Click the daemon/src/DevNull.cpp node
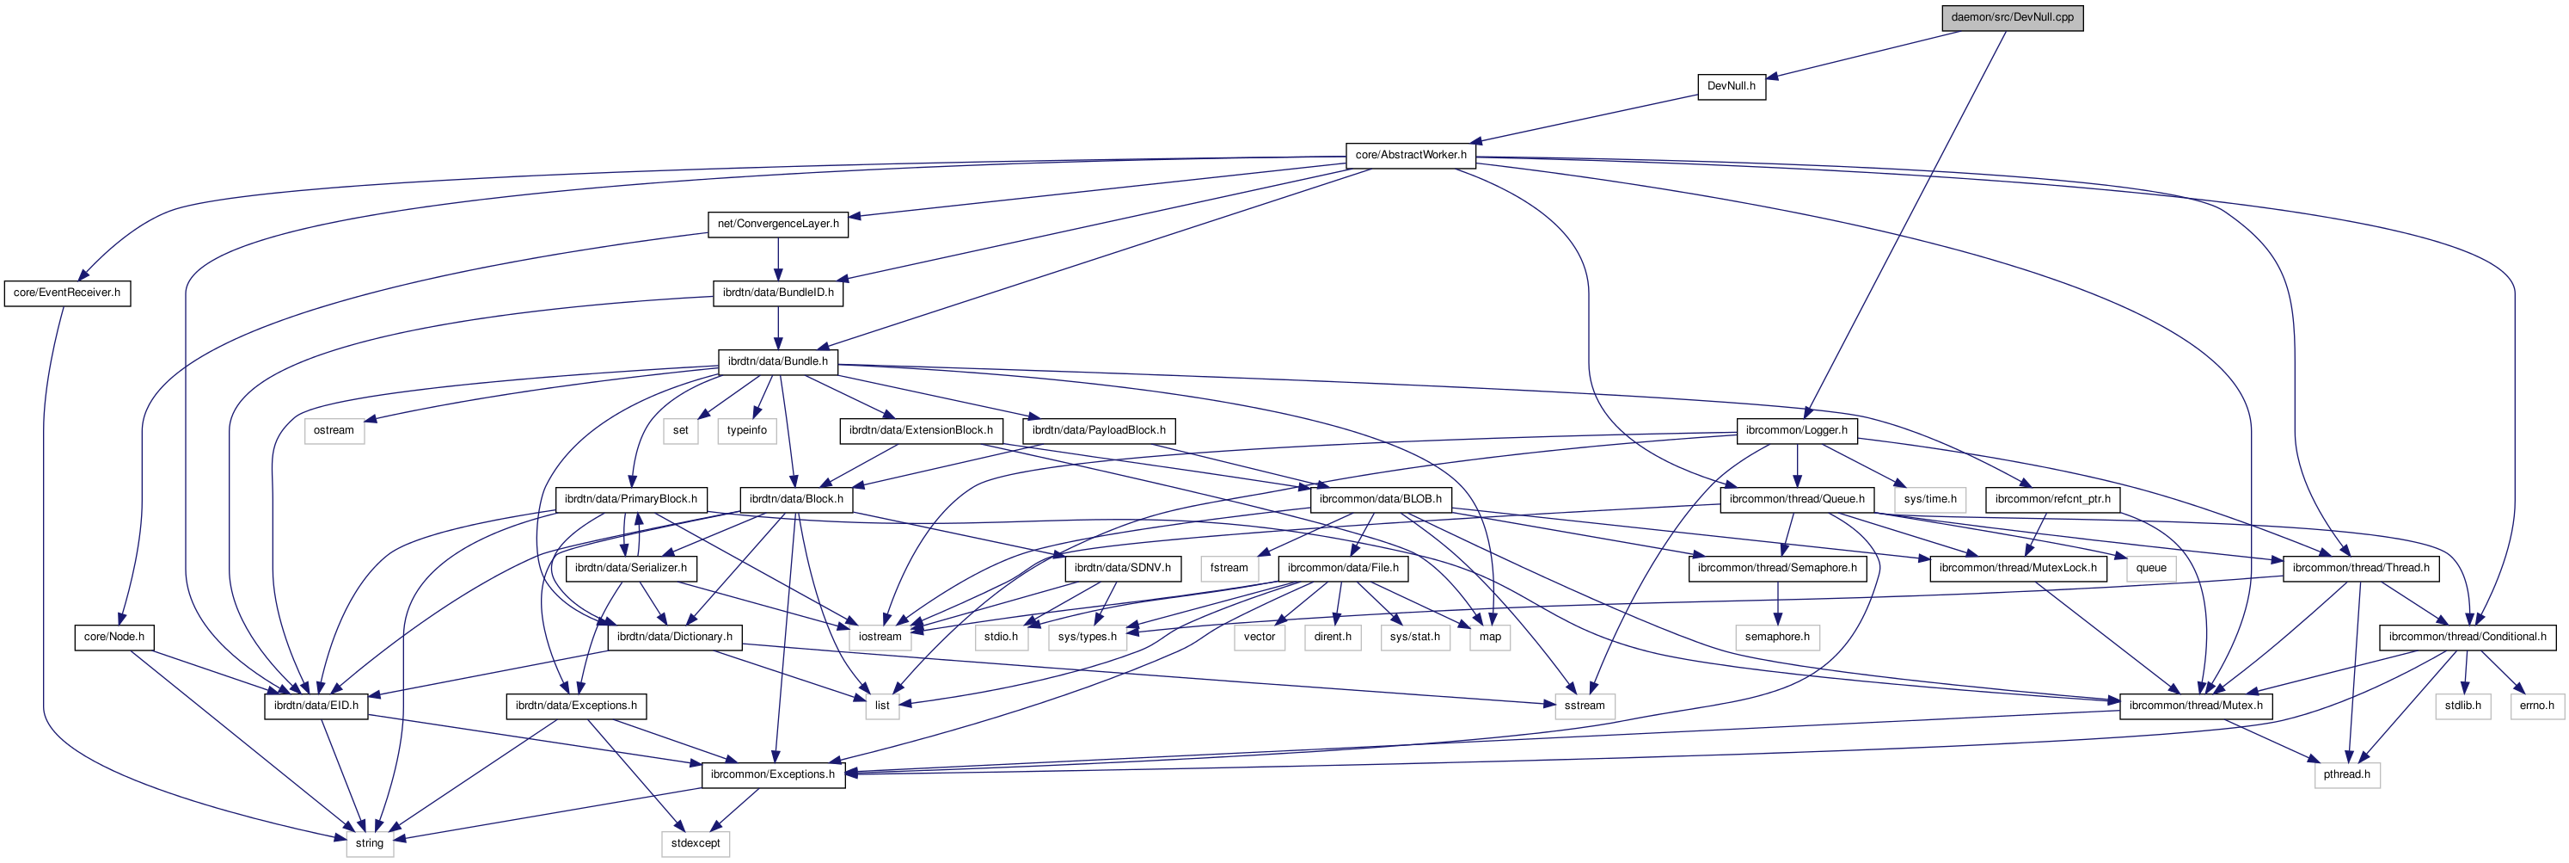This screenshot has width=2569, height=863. [x=2013, y=17]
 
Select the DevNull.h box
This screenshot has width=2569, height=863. [x=1732, y=86]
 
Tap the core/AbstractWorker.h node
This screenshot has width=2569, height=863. [x=1410, y=155]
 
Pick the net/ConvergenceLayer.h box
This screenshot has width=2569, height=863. [x=778, y=224]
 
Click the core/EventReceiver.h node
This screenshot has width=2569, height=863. [x=67, y=293]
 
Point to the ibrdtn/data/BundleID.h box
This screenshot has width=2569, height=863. [x=778, y=293]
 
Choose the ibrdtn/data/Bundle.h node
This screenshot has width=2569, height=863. [x=778, y=361]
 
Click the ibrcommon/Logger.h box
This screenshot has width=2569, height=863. [x=1797, y=430]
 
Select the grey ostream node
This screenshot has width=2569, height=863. [x=333, y=430]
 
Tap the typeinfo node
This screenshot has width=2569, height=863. [x=747, y=430]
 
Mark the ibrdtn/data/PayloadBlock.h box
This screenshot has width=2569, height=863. [x=1098, y=430]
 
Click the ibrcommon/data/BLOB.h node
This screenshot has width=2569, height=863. [x=1380, y=499]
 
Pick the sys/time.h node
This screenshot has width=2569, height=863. [x=1929, y=499]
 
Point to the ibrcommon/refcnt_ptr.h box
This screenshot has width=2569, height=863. [x=2052, y=499]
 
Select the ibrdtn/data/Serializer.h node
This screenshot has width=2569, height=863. [x=630, y=568]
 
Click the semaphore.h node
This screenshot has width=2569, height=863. [x=1777, y=637]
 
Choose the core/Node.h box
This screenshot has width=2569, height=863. [x=113, y=637]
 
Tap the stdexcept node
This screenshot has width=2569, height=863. [x=695, y=843]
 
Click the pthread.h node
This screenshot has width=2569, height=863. [x=2346, y=774]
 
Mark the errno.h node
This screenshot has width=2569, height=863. [x=2536, y=706]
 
